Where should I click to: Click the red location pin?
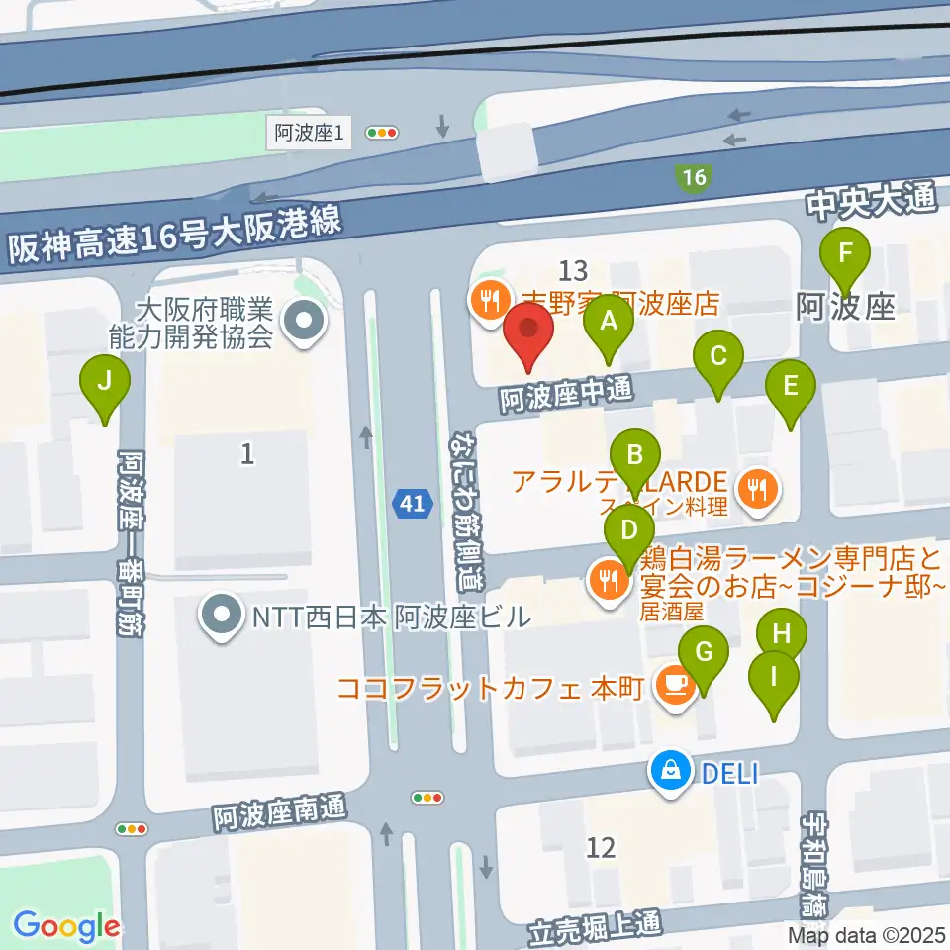(x=528, y=335)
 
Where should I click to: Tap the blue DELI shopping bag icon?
(x=671, y=771)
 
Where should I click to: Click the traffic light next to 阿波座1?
(x=381, y=132)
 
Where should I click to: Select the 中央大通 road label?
(x=870, y=204)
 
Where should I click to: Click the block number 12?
(x=601, y=847)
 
